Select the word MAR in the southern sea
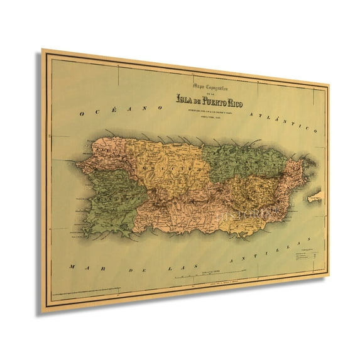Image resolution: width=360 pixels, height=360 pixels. click(79, 251)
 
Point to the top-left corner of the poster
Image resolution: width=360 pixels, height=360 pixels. click(43, 50)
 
